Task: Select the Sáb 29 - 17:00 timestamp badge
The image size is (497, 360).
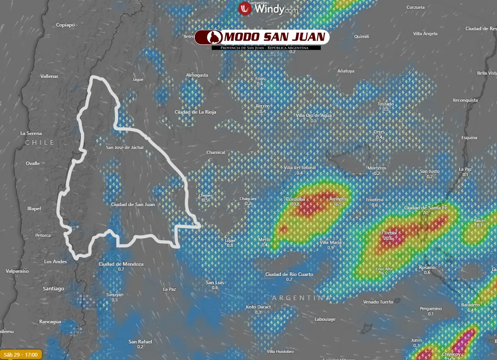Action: [x=21, y=355]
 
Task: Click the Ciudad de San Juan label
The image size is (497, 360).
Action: [x=133, y=204]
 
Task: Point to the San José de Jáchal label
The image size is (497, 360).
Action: [x=125, y=147]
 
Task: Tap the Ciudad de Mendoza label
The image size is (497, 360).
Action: [x=121, y=264]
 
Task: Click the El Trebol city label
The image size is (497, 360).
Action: [x=388, y=233]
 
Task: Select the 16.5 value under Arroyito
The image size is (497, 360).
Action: [x=337, y=204]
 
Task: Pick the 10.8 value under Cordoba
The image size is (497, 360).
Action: [x=295, y=204]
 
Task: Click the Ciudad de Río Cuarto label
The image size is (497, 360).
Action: [x=289, y=274]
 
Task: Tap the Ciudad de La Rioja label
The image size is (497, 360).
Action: [x=195, y=112]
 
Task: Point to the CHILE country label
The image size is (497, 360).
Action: [x=40, y=142]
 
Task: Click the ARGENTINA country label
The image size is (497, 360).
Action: [x=301, y=298]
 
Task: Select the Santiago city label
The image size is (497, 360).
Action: [x=54, y=289]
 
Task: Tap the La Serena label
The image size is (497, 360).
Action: [x=31, y=133]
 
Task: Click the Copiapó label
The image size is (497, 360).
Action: [x=65, y=25]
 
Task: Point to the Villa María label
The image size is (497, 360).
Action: [x=330, y=242]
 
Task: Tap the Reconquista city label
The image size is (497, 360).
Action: [x=465, y=100]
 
